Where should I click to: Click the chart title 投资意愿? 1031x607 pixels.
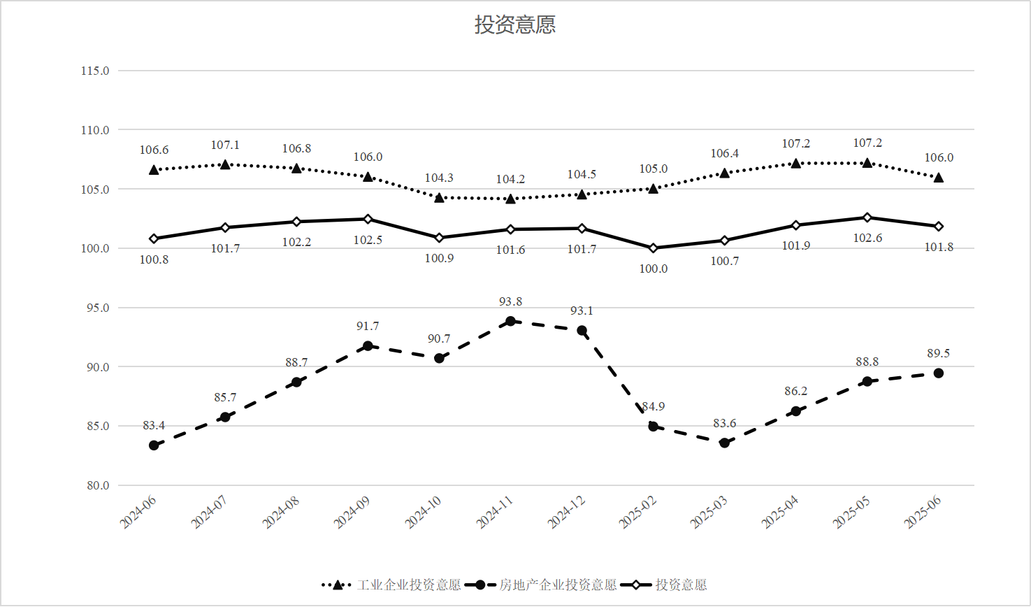click(515, 25)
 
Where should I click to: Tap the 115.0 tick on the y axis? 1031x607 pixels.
click(95, 71)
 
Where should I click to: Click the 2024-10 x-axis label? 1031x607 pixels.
click(423, 513)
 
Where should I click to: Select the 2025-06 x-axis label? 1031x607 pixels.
click(923, 513)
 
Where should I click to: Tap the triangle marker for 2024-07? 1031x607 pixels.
click(225, 164)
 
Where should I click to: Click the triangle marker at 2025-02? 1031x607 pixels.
click(654, 188)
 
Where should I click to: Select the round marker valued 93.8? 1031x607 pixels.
click(510, 321)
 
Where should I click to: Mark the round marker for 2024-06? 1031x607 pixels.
click(154, 445)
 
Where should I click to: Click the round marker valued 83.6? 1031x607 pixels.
click(725, 443)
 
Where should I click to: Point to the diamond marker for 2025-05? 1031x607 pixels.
click(867, 217)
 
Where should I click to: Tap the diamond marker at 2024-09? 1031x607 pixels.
click(368, 219)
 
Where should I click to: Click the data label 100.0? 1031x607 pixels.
click(654, 269)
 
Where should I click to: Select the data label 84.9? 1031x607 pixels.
click(654, 406)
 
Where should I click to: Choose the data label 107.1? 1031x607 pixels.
click(225, 145)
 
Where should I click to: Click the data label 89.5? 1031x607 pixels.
click(939, 353)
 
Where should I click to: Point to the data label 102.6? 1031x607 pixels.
click(867, 238)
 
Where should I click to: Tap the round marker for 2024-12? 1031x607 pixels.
click(582, 331)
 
